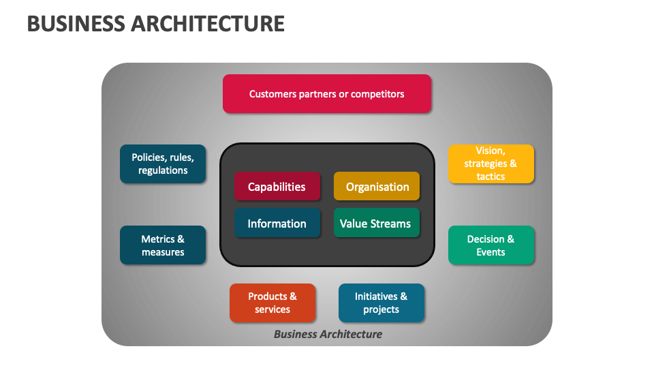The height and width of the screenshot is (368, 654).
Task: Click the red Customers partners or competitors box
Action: pos(326,94)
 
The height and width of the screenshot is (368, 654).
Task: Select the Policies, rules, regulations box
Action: pos(163,164)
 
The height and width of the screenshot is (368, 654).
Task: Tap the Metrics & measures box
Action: pos(163,245)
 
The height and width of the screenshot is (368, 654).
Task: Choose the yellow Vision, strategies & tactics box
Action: pos(491,164)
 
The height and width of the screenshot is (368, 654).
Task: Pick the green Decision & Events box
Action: pos(491,245)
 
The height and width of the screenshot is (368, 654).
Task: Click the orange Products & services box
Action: pos(272,303)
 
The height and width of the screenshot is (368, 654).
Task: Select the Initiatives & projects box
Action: pos(381,303)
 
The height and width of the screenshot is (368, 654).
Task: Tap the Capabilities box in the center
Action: pos(277,186)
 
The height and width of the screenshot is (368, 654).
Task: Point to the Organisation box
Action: pos(377,186)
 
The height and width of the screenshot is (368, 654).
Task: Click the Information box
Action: pos(277,223)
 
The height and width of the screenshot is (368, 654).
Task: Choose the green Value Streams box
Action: pos(377,223)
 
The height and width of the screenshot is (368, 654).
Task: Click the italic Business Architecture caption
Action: pos(328,334)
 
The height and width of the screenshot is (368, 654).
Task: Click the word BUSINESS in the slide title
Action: pos(76,24)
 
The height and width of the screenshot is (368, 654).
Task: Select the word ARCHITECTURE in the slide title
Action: pos(208,24)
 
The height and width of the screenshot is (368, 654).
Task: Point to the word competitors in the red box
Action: pos(377,94)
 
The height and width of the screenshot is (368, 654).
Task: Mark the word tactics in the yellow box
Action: pos(490,177)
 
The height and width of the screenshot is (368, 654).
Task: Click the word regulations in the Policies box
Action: pos(163,170)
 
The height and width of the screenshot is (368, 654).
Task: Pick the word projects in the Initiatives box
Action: pos(381,309)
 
